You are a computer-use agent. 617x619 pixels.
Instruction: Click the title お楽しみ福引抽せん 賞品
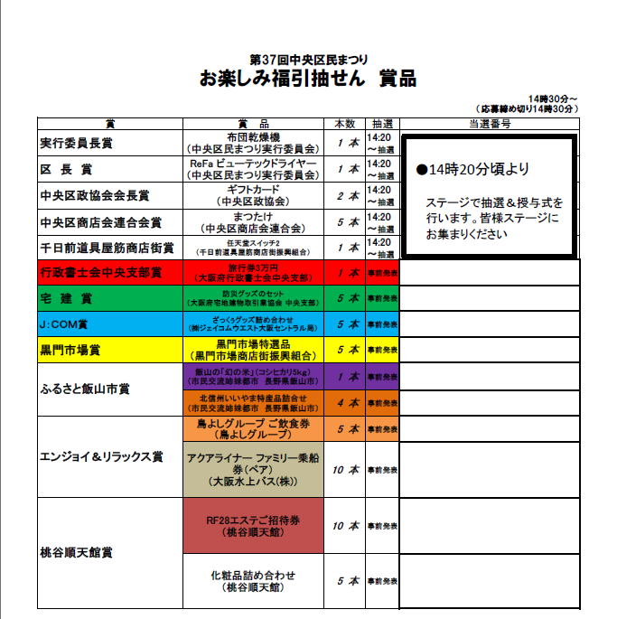coord(307,80)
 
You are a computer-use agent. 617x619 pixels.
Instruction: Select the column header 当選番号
coord(489,124)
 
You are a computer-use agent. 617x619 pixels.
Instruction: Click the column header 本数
coord(345,124)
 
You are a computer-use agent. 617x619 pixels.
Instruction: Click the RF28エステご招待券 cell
coord(253,526)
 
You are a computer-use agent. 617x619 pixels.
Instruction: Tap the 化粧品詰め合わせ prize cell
coord(253,580)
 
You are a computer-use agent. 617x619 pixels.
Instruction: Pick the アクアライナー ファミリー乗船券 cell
coord(253,469)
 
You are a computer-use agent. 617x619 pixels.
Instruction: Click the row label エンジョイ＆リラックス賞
coord(101,456)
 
